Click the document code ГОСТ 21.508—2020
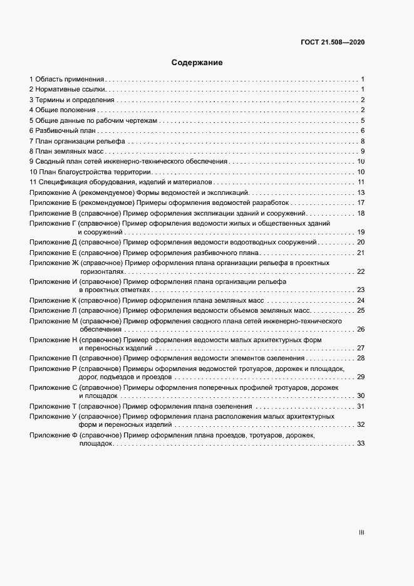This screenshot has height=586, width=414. click(x=333, y=43)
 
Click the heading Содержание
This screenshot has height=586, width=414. click(x=197, y=63)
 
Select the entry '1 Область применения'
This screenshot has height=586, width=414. click(x=66, y=80)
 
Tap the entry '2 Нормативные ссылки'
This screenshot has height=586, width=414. click(x=66, y=90)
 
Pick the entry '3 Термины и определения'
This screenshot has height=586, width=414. click(x=71, y=100)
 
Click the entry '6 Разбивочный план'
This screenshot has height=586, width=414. click(x=62, y=130)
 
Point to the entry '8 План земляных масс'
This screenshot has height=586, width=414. click(x=67, y=151)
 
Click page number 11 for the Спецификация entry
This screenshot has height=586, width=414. click(x=361, y=182)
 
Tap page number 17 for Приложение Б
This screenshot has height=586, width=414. click(x=361, y=202)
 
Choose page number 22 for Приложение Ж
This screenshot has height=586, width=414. click(x=361, y=271)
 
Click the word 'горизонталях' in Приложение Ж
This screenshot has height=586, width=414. click(x=101, y=271)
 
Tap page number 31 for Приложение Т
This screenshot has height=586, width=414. click(x=361, y=406)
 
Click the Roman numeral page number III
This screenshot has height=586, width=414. click(x=361, y=533)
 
